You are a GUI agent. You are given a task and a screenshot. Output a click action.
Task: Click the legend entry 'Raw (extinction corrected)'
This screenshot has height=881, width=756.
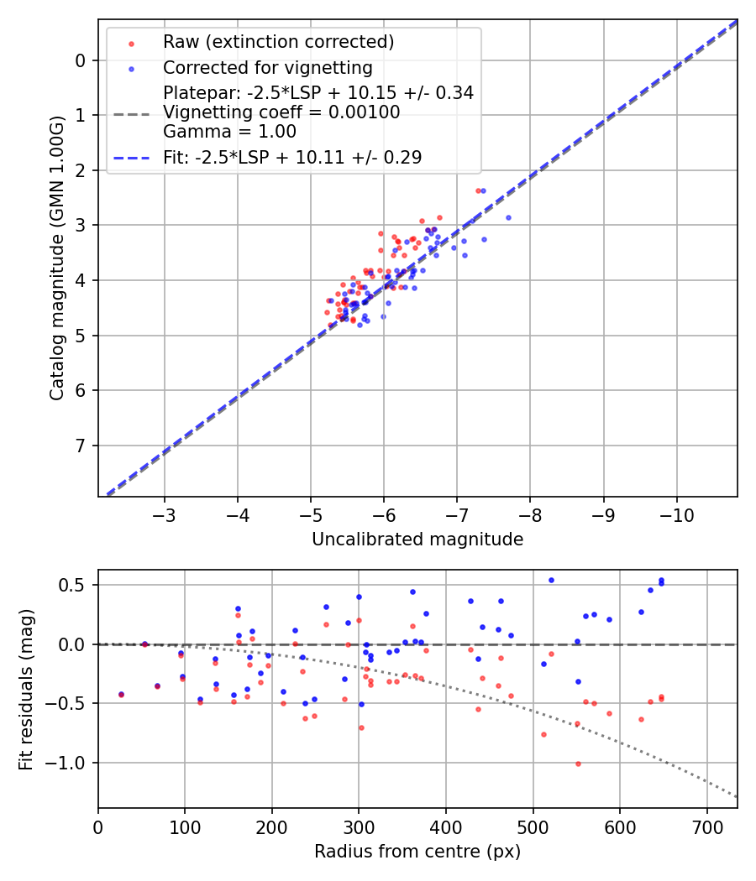278,42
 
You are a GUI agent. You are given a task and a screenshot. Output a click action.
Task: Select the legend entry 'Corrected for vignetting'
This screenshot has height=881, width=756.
267,67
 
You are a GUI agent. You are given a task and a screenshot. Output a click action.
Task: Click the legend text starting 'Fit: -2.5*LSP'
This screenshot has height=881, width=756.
291,157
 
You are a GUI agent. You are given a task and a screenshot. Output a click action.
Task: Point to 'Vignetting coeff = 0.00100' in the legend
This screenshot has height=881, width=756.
281,112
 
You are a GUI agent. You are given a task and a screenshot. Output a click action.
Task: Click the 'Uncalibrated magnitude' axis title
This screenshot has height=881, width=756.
417,540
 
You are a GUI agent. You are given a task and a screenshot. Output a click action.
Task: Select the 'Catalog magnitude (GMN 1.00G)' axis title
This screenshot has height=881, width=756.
56,259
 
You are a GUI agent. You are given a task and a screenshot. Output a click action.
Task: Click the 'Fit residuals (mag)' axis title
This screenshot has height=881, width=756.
26,689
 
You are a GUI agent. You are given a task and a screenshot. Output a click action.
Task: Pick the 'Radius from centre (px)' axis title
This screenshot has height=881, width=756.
417,852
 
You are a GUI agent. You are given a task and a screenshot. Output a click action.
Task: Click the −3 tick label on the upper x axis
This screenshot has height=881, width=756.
165,513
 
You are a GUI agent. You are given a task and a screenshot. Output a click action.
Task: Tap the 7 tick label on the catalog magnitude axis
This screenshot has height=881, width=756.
81,446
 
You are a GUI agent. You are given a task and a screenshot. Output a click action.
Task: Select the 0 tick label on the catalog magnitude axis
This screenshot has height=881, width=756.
81,60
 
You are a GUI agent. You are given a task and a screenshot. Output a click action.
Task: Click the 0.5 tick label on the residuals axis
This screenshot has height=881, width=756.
76,585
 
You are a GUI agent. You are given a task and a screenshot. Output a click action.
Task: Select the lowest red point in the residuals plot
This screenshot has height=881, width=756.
578,764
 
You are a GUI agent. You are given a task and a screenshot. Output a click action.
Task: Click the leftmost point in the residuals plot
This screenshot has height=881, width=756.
121,695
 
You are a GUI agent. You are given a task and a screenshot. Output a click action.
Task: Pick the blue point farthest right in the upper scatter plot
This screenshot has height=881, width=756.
508,217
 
